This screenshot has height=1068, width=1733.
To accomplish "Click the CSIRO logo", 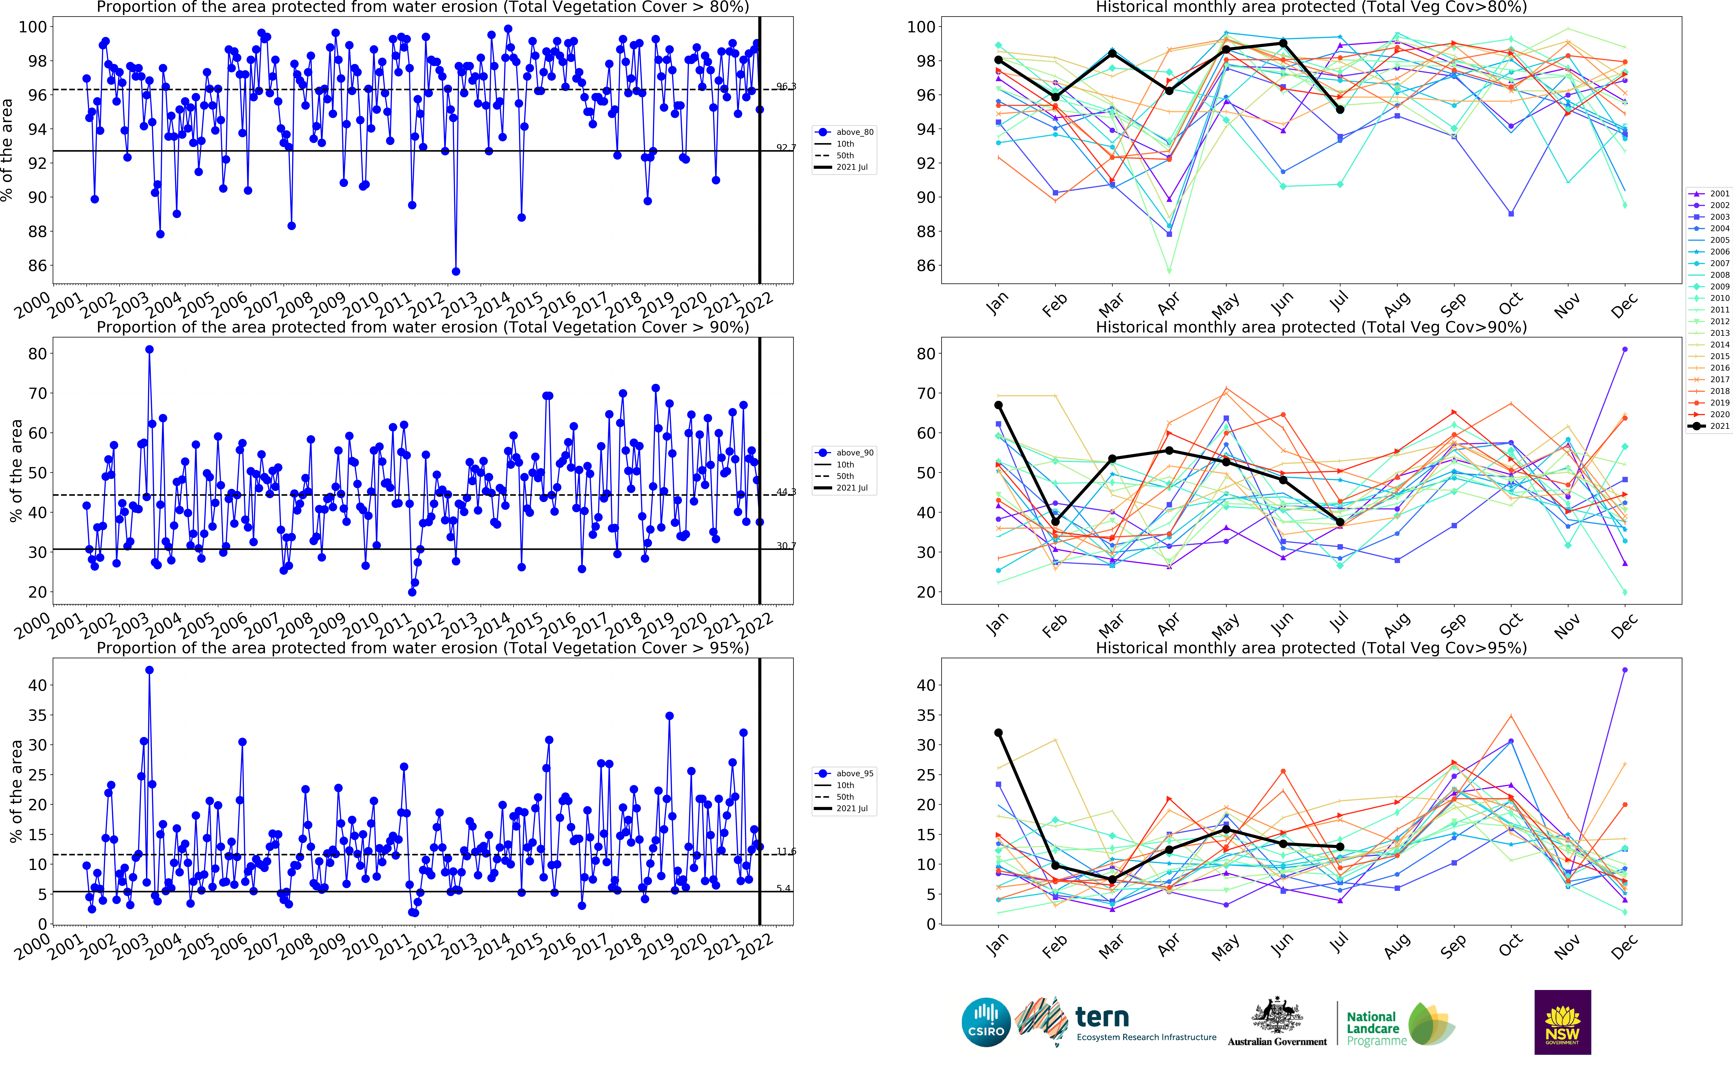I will [986, 1022].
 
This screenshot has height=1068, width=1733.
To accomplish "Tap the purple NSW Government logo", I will [1562, 1022].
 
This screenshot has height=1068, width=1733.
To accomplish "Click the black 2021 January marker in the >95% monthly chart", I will [999, 733].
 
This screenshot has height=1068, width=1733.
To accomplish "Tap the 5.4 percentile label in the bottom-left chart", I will [783, 889].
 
